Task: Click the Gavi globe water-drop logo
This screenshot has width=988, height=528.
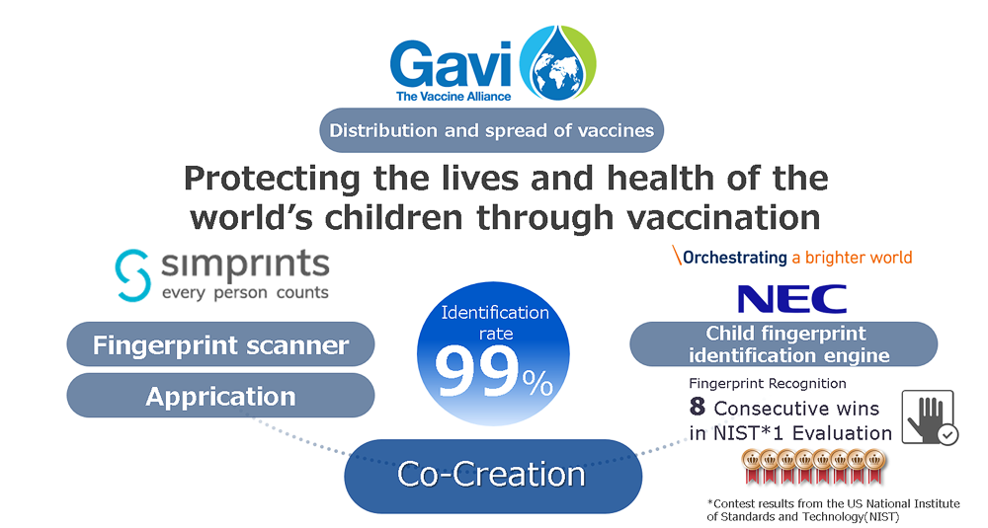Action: (x=557, y=63)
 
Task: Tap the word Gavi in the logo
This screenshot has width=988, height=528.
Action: (x=450, y=65)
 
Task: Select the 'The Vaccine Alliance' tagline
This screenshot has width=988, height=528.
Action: (x=453, y=97)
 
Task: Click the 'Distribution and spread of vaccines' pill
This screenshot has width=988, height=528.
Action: (x=491, y=130)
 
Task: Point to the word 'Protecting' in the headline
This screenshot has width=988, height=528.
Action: (x=272, y=180)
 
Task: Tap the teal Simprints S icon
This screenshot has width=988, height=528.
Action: (x=132, y=275)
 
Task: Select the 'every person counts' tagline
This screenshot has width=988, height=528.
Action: (x=245, y=293)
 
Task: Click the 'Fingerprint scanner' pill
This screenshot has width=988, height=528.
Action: (x=220, y=344)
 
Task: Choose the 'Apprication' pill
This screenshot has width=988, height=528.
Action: (x=220, y=396)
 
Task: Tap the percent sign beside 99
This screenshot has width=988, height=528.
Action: (x=537, y=383)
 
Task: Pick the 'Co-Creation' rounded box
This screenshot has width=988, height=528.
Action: (x=493, y=475)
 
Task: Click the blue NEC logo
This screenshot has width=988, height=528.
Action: (x=792, y=299)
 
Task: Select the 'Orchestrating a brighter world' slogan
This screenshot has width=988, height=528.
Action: (x=792, y=257)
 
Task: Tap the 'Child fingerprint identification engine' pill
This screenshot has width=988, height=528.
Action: (x=783, y=344)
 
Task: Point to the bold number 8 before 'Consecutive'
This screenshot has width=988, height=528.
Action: (x=697, y=407)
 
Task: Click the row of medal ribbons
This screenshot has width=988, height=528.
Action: (x=813, y=467)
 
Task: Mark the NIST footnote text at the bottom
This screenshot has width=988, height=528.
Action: (x=833, y=510)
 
